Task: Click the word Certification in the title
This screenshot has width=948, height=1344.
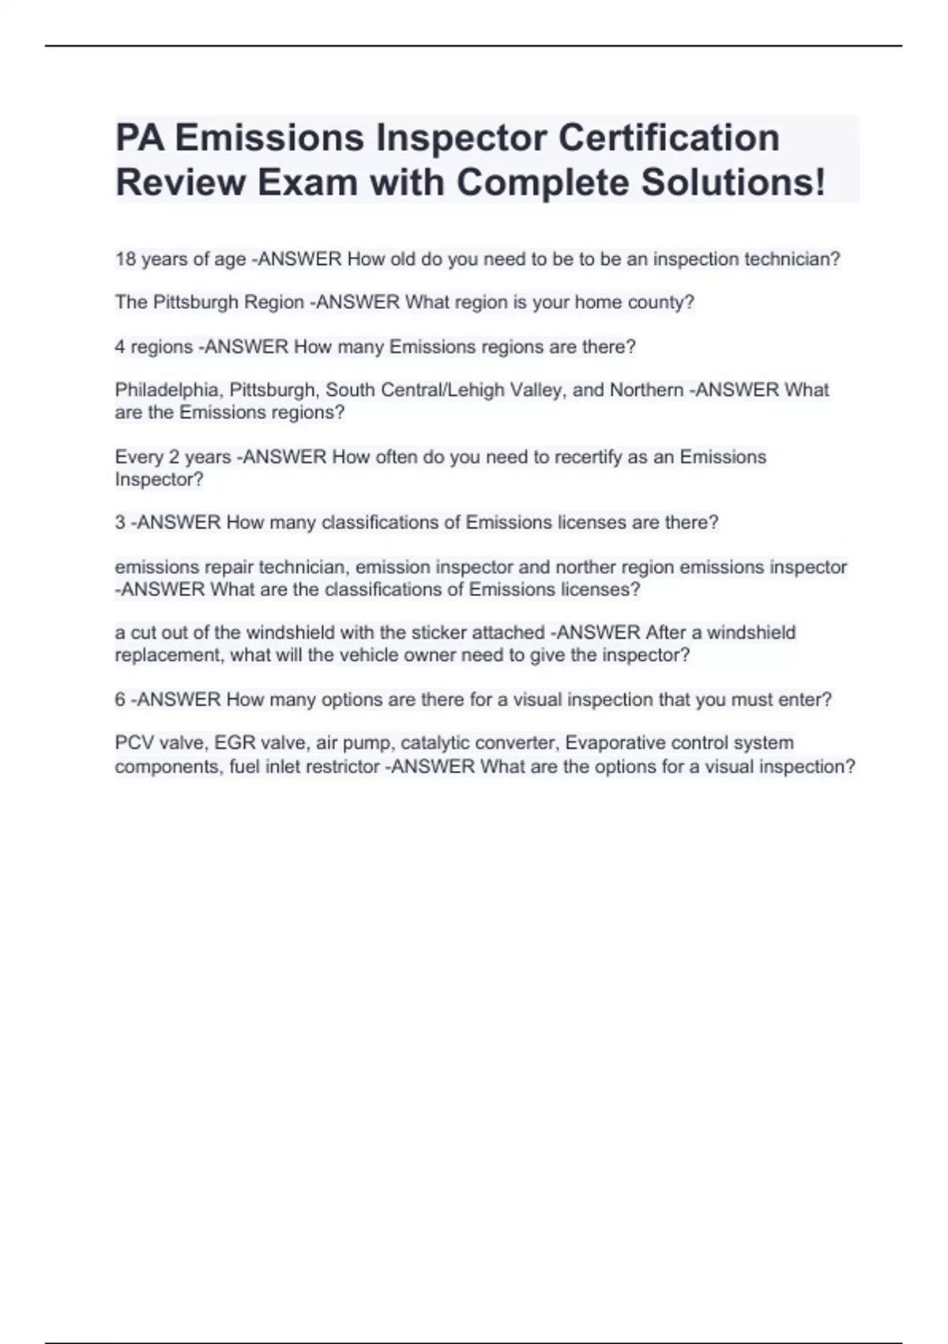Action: click(x=669, y=138)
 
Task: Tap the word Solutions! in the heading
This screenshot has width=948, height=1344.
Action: click(x=733, y=183)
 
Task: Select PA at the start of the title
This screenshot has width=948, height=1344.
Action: click(x=140, y=138)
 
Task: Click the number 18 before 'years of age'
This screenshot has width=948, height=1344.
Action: click(x=126, y=259)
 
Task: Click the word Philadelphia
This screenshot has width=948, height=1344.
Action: click(x=168, y=391)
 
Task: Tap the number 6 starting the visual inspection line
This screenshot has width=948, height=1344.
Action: click(x=120, y=700)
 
